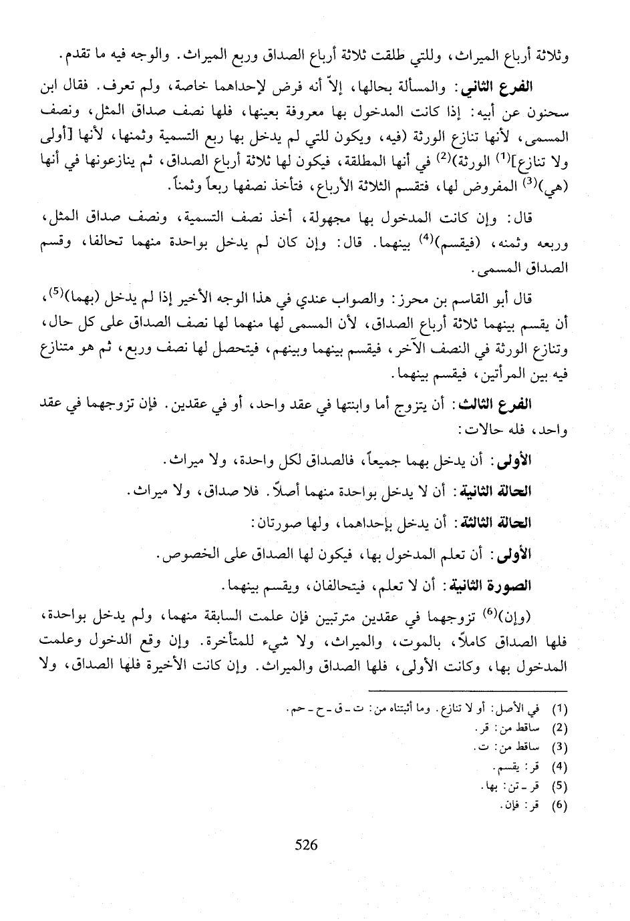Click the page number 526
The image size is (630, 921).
pyautogui.click(x=305, y=844)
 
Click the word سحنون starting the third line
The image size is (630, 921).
pyautogui.click(x=546, y=111)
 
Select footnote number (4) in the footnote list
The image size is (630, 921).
pyautogui.click(x=560, y=766)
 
